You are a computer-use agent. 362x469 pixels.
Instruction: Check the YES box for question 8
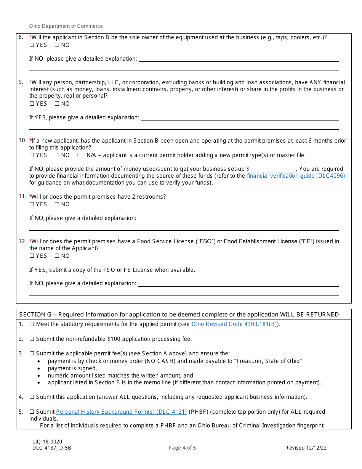point(32,45)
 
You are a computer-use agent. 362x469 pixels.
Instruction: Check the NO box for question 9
point(57,104)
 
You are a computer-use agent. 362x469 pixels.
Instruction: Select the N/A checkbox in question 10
point(79,155)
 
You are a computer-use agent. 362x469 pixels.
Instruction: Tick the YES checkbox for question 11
point(32,204)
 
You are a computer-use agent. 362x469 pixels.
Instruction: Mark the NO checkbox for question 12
point(57,256)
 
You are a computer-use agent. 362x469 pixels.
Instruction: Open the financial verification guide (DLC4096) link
point(296,176)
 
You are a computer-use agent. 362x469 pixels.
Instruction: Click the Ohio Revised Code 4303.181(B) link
point(234,324)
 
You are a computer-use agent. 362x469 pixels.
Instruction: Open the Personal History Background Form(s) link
point(121,412)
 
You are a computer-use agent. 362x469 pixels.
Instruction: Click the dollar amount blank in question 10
point(273,169)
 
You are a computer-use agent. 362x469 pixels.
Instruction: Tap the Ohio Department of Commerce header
point(66,26)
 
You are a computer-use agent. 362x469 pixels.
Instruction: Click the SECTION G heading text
point(179,315)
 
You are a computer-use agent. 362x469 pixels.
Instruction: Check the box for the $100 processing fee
point(32,339)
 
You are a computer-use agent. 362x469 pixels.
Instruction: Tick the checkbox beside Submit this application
point(32,397)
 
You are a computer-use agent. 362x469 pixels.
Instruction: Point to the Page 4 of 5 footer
point(182,448)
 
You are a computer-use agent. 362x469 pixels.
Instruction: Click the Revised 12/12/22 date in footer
point(306,448)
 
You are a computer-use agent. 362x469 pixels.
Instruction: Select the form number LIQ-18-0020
point(47,442)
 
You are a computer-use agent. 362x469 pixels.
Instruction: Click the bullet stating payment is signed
point(72,368)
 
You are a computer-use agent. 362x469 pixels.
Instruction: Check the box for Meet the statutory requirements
point(32,324)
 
